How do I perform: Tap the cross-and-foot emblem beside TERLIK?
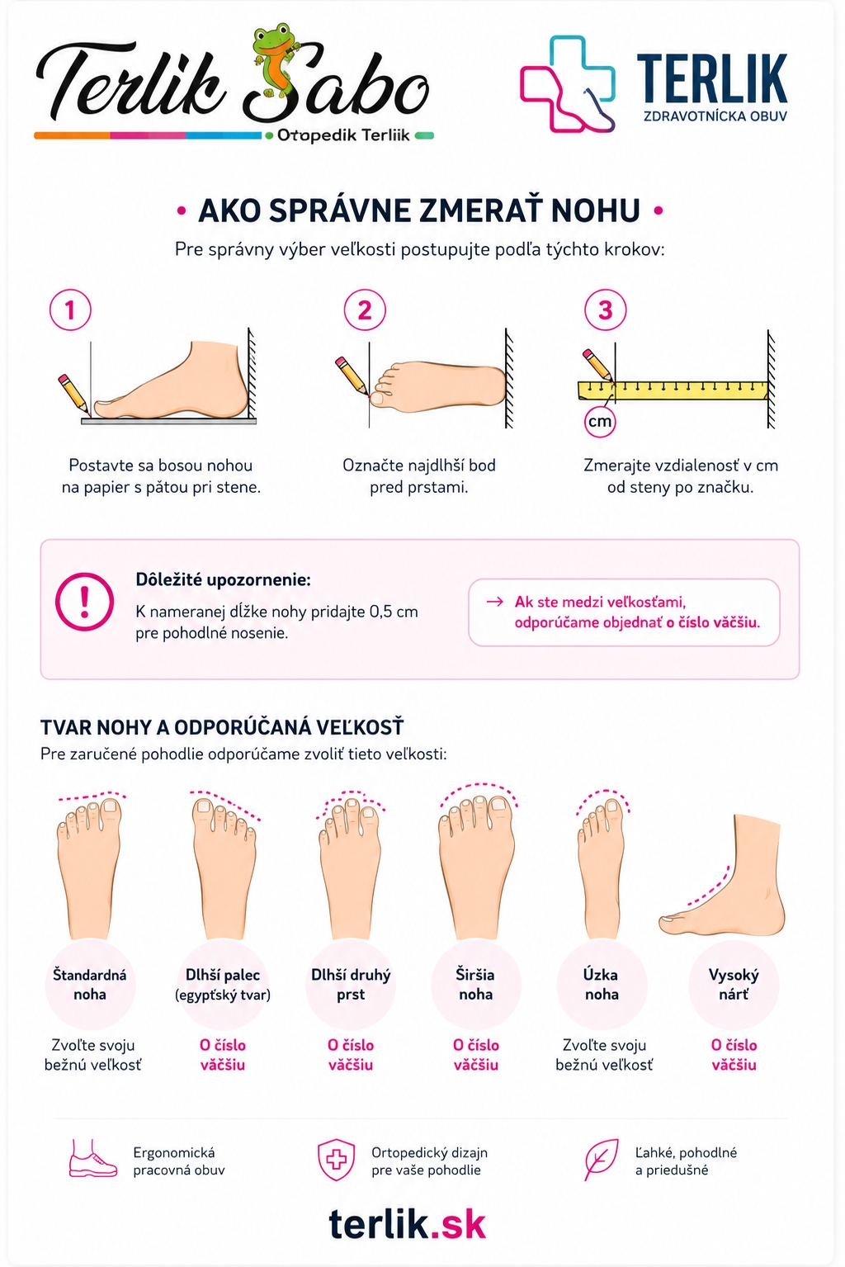coord(567,84)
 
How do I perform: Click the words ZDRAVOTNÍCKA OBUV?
coord(715,116)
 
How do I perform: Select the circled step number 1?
coord(70,310)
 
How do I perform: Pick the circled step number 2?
coord(365,310)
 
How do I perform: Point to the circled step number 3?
coord(605,310)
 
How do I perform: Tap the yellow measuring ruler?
coord(673,390)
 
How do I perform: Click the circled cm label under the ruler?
coord(600,422)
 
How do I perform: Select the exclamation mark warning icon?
coord(84,602)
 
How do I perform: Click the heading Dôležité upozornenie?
coord(223,579)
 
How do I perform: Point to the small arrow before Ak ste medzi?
coord(495,601)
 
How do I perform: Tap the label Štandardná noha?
coord(90,984)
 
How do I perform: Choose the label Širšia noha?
coord(475,984)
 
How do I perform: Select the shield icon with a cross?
coord(336,1160)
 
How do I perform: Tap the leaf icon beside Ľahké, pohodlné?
coord(601,1160)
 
